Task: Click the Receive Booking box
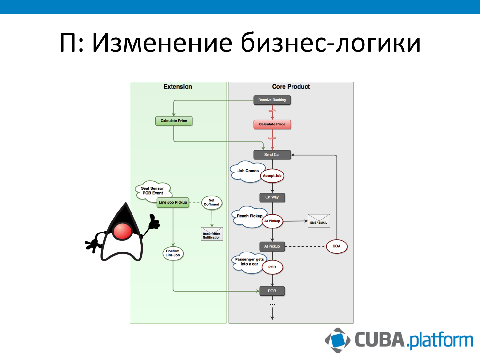(272, 100)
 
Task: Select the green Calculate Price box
(174, 121)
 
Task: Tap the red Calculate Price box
(272, 124)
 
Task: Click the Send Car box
(272, 155)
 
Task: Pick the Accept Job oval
(272, 176)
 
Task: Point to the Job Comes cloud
(247, 171)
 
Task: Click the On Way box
(272, 197)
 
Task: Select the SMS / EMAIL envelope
(319, 221)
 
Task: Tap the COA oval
(337, 246)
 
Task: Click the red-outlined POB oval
(272, 267)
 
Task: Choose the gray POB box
(272, 291)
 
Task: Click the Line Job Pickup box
(173, 202)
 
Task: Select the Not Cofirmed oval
(212, 203)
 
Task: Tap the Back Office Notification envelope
(212, 234)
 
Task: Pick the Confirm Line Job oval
(173, 253)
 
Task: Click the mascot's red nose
(123, 231)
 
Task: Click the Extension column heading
(178, 87)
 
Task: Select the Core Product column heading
(291, 87)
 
